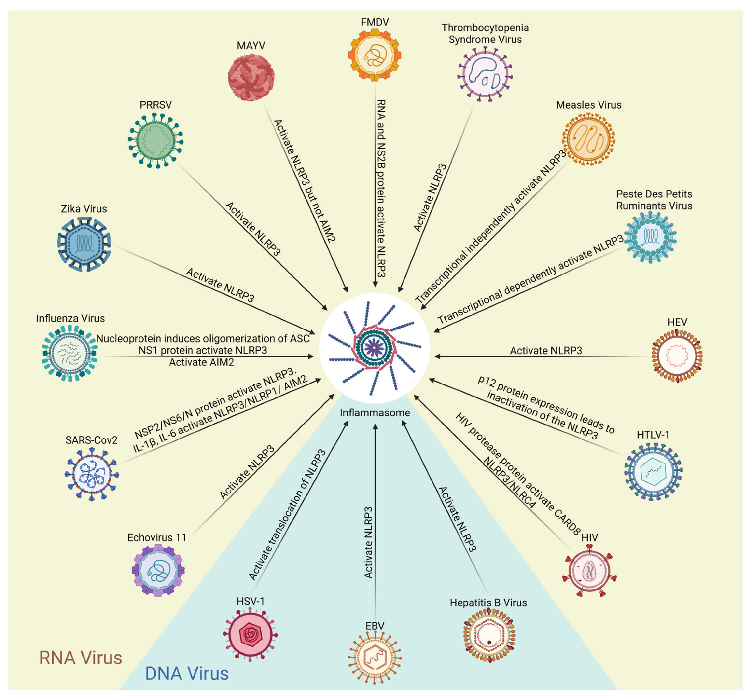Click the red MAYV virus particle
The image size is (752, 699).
pyautogui.click(x=251, y=77)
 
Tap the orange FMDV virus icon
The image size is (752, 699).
pyautogui.click(x=375, y=55)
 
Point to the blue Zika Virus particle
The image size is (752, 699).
pyautogui.click(x=84, y=244)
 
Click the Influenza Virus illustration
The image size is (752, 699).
pyautogui.click(x=70, y=353)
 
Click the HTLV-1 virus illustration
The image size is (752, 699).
pyautogui.click(x=653, y=471)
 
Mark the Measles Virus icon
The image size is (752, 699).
pyautogui.click(x=588, y=139)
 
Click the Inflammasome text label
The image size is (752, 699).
pyautogui.click(x=375, y=413)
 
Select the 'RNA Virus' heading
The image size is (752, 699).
pyautogui.click(x=81, y=658)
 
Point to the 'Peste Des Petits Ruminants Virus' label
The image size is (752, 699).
pyautogui.click(x=654, y=200)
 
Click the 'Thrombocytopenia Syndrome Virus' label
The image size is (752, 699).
pyautogui.click(x=485, y=33)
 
